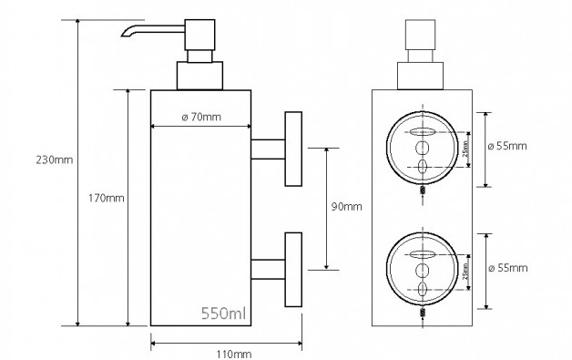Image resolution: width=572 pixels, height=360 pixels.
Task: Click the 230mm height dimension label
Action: click(x=55, y=159)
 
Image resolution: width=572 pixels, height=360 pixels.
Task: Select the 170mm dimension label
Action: click(x=107, y=199)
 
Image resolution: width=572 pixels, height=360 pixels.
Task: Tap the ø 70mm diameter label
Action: click(x=201, y=118)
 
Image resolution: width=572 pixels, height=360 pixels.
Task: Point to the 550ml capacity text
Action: click(x=224, y=314)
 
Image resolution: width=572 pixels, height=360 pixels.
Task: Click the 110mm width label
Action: click(x=234, y=355)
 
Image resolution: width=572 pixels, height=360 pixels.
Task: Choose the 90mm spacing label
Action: click(x=346, y=207)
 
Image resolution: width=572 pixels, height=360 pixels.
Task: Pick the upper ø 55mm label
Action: click(x=507, y=146)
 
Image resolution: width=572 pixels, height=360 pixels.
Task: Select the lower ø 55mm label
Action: click(x=508, y=268)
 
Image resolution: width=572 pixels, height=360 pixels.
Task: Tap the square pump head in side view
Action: click(x=199, y=35)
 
